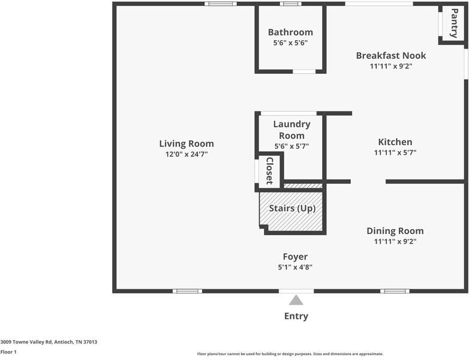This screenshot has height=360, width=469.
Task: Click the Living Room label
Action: click(x=186, y=144)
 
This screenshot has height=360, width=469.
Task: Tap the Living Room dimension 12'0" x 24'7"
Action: click(x=186, y=154)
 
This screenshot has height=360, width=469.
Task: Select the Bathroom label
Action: click(x=290, y=32)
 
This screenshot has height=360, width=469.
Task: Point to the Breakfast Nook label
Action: click(x=390, y=56)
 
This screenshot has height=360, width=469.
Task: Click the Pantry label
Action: click(x=454, y=23)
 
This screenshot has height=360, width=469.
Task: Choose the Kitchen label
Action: click(x=395, y=142)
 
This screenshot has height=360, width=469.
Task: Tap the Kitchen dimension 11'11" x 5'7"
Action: click(x=395, y=152)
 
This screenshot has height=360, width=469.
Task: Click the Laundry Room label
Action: click(x=291, y=130)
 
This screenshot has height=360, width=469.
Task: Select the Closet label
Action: click(x=269, y=171)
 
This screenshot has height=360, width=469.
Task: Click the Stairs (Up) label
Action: click(x=291, y=208)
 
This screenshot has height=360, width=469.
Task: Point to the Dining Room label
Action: click(x=395, y=231)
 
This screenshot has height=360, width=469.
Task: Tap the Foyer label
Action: click(x=295, y=257)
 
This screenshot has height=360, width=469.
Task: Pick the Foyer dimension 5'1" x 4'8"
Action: click(x=295, y=267)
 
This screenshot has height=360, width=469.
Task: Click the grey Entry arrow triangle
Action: click(x=296, y=300)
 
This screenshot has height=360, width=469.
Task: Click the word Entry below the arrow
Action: click(x=296, y=316)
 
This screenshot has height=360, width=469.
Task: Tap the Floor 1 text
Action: click(x=8, y=352)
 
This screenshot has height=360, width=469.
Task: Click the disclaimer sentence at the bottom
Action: click(x=290, y=354)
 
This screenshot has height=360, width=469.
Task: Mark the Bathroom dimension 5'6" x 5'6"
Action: click(x=290, y=43)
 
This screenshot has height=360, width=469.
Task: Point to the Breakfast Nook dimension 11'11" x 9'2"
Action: click(x=390, y=66)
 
